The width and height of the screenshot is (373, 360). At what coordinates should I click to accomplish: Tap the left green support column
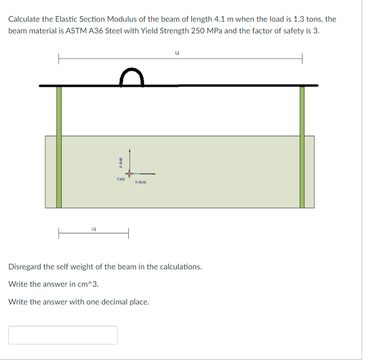59,147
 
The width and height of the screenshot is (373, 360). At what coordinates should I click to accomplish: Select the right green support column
302,147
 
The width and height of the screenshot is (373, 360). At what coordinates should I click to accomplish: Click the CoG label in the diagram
121,179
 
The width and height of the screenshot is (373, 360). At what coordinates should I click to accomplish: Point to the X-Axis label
140,182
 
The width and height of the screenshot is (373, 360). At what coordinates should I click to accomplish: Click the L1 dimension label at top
177,54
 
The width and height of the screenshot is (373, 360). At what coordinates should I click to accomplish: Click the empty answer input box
63,335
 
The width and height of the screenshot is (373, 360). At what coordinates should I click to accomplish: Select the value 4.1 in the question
219,19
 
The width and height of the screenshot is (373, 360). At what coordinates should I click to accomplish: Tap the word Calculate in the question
24,19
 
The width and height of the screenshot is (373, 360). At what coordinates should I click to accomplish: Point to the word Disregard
25,267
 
